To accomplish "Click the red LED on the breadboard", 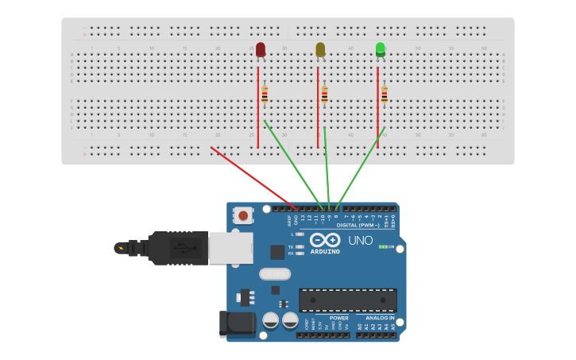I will (x=261, y=50).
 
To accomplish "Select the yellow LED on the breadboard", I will (x=320, y=50).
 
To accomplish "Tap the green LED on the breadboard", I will (x=381, y=50).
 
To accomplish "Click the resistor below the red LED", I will (x=265, y=95).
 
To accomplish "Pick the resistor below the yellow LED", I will (x=324, y=95).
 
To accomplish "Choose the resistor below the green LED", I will (x=385, y=95).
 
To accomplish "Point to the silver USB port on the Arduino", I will (x=231, y=247).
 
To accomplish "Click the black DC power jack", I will (x=236, y=323).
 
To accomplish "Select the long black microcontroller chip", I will (x=347, y=300).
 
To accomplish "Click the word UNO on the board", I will (x=360, y=241).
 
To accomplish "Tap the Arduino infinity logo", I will (x=325, y=241).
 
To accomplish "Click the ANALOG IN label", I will (x=375, y=318).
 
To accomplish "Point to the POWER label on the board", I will (x=339, y=318).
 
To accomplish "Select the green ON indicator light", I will (x=383, y=247).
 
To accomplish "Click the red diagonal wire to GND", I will (x=253, y=179).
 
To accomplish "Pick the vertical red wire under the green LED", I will (x=377, y=107).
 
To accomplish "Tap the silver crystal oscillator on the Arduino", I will (x=275, y=274).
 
